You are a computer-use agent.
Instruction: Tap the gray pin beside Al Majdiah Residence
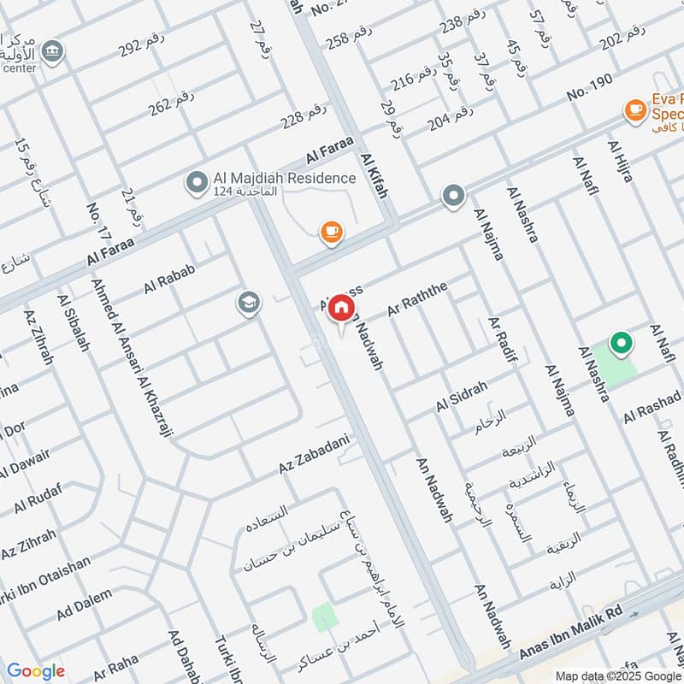[x=198, y=181]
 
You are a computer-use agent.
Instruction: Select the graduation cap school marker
[x=249, y=303]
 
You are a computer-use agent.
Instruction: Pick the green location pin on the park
[x=621, y=345]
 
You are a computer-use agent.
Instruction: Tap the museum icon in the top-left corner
[x=53, y=50]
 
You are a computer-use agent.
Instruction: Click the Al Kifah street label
[x=374, y=176]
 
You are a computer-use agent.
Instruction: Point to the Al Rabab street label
[x=170, y=279]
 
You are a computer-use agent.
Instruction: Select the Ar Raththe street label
[x=417, y=301]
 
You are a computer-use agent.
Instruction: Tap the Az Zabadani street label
[x=315, y=453]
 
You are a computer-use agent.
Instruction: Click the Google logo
[x=36, y=671]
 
